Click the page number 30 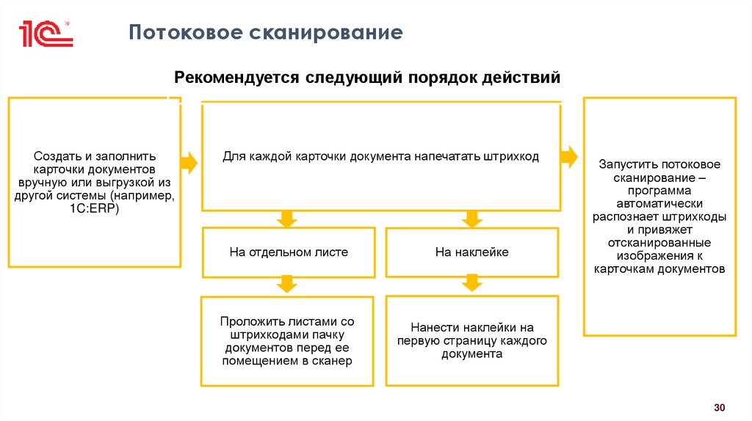719,407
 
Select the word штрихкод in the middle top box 514,156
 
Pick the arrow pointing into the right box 569,156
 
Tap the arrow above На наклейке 471,219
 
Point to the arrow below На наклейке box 471,284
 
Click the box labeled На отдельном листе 289,252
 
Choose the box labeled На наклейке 472,252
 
